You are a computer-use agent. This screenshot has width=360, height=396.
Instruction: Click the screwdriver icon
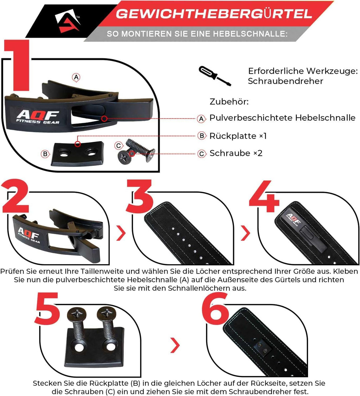click(x=215, y=76)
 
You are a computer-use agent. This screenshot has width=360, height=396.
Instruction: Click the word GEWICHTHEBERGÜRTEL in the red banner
click(x=214, y=14)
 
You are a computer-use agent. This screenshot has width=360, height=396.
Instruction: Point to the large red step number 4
click(x=264, y=196)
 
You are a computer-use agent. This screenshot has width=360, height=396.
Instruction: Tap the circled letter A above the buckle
click(x=76, y=77)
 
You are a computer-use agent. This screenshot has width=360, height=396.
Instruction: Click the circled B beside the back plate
click(x=45, y=154)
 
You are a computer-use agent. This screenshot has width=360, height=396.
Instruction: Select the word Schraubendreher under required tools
click(x=285, y=81)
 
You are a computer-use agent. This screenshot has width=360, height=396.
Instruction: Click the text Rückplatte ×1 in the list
click(x=238, y=136)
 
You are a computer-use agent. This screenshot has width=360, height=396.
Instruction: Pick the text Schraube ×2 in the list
click(x=236, y=153)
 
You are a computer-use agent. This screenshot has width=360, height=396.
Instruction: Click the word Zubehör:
click(x=229, y=101)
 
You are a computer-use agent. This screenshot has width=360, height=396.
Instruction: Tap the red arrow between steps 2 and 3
click(x=121, y=233)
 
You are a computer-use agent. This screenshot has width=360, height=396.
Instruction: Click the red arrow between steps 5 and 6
click(x=176, y=345)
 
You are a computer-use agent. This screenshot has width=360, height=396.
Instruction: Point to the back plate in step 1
click(x=77, y=153)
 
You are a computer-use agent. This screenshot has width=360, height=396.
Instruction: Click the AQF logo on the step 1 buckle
click(x=38, y=117)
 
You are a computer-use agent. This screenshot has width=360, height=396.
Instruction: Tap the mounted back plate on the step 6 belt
click(x=262, y=348)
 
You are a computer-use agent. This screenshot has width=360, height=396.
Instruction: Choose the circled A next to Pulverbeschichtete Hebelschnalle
click(x=201, y=118)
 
